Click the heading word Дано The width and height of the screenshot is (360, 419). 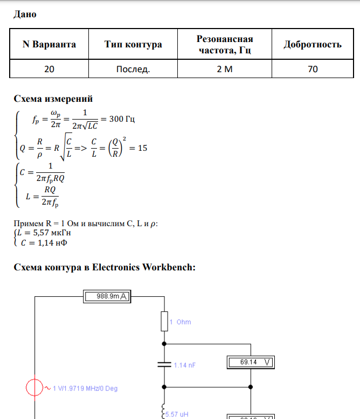tap(25, 15)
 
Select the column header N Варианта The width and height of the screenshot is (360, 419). tap(49, 44)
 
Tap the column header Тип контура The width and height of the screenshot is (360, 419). tap(133, 44)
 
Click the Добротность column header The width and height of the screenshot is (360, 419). tap(313, 44)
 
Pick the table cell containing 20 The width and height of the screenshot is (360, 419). tap(49, 69)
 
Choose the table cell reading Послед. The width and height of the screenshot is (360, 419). tap(133, 69)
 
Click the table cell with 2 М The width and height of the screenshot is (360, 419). tap(224, 69)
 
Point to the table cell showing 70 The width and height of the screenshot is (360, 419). tap(313, 69)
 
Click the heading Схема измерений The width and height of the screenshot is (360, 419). tap(53, 99)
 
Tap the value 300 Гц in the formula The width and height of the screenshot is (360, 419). tap(122, 119)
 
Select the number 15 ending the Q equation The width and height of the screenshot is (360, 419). tap(142, 149)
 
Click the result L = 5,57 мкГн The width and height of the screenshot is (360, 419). tap(43, 233)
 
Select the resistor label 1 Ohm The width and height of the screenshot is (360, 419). tap(180, 322)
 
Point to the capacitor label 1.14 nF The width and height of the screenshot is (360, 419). tap(184, 365)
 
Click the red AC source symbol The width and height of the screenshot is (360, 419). tap(36, 388)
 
